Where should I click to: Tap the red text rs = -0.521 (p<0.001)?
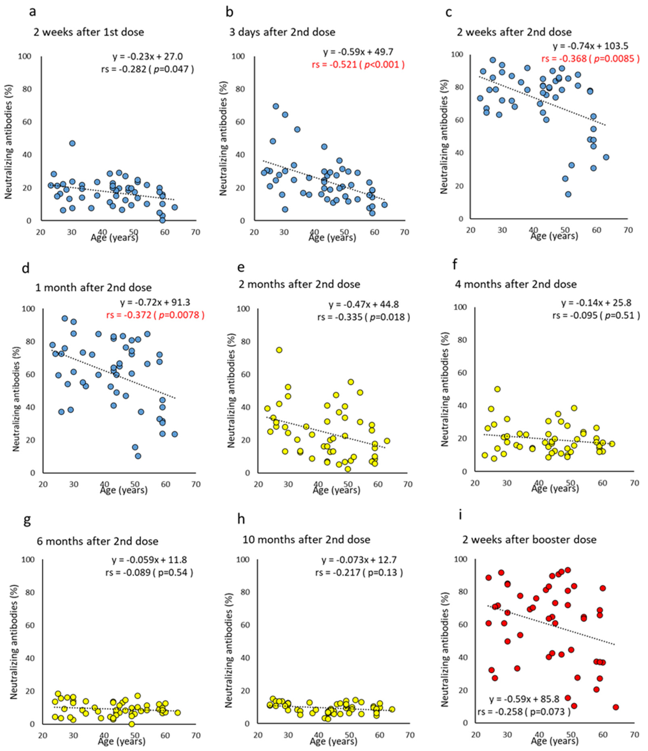click(x=358, y=64)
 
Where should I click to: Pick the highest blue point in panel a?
click(x=73, y=143)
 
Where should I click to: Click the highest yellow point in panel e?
click(x=279, y=350)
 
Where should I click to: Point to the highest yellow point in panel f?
click(x=497, y=389)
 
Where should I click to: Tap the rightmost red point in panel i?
click(x=615, y=707)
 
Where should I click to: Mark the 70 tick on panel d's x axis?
click(x=196, y=484)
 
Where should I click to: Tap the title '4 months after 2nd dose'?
click(x=516, y=284)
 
